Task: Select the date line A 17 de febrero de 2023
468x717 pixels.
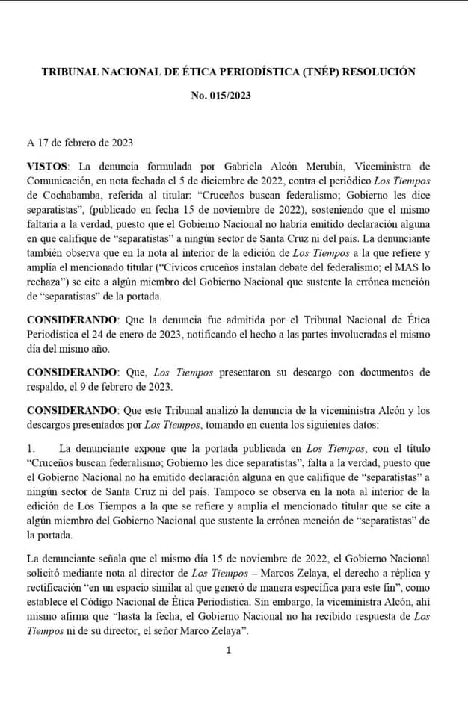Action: [x=80, y=143]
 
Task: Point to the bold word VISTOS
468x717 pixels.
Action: [x=48, y=165]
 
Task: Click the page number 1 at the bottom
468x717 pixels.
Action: [x=228, y=649]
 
